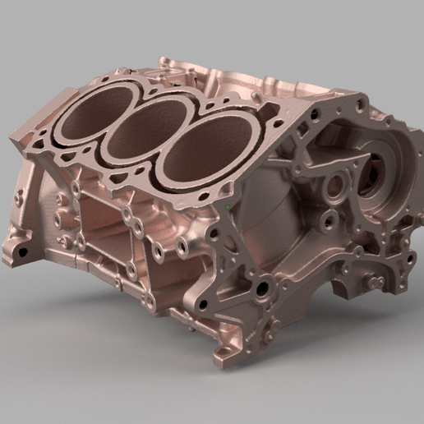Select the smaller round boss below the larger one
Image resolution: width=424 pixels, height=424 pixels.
(x=329, y=219)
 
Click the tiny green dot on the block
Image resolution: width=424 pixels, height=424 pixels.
(x=227, y=200)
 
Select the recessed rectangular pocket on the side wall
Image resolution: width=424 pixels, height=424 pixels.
(x=107, y=226)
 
